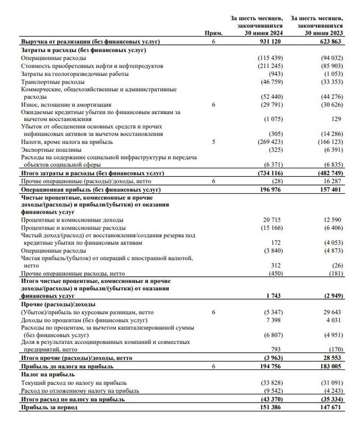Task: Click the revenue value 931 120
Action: click(271, 42)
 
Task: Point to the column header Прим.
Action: click(213, 34)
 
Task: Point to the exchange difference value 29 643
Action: click(333, 313)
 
